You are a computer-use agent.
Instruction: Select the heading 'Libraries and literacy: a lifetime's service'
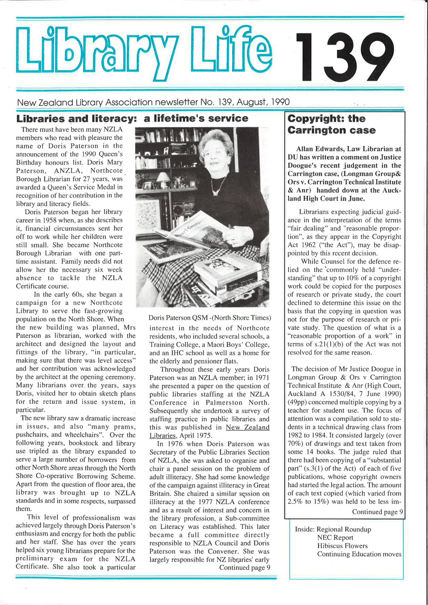click(x=132, y=119)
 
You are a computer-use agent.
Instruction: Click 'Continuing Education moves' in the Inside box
click(x=359, y=554)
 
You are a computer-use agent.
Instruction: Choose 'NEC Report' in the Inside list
click(x=335, y=538)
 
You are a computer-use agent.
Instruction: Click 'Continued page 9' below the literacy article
click(x=244, y=568)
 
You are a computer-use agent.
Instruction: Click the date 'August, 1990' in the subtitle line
click(x=263, y=102)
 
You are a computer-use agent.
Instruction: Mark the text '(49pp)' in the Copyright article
click(x=298, y=402)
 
